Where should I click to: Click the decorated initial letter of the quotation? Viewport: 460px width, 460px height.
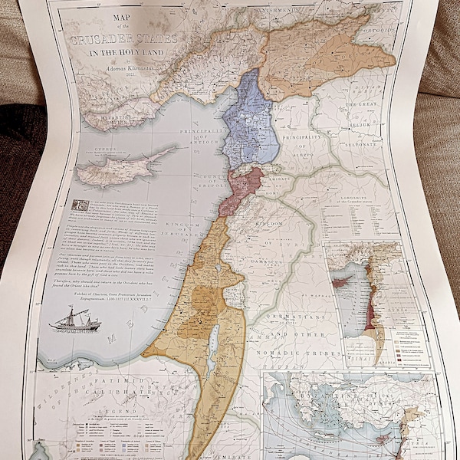point(77,205)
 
